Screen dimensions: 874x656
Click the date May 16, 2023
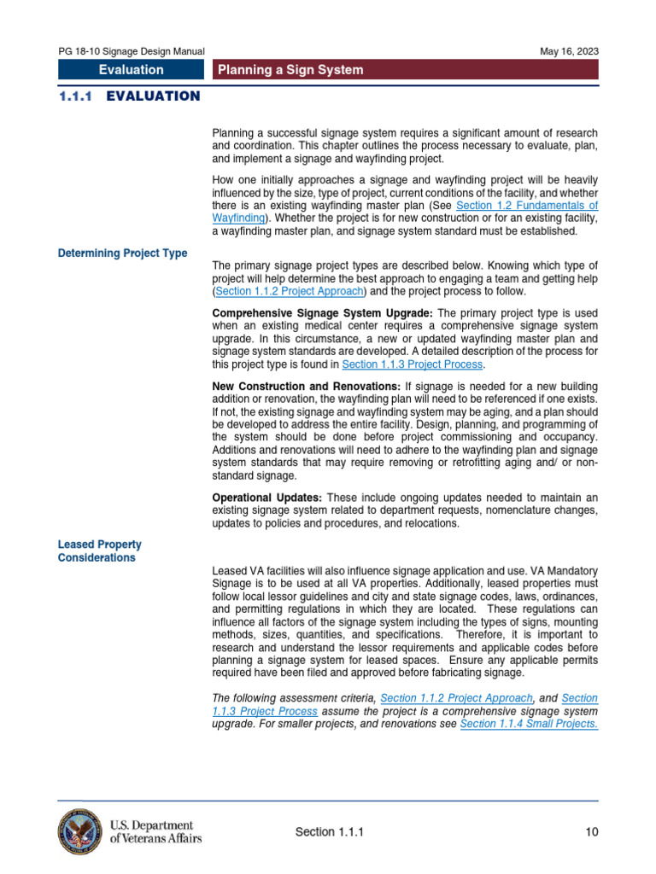(569, 51)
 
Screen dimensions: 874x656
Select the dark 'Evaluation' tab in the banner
(131, 70)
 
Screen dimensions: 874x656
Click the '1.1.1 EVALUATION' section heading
(129, 96)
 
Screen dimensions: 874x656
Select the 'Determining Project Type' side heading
(122, 253)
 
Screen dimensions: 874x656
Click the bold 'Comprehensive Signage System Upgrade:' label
(323, 313)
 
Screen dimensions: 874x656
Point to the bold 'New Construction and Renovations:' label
(306, 387)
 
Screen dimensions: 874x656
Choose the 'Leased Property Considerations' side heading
(99, 551)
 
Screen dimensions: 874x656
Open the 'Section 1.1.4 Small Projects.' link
(529, 724)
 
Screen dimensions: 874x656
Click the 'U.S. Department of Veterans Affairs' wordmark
(155, 832)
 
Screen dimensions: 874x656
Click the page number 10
(591, 832)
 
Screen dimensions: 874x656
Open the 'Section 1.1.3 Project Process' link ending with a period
(412, 364)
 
